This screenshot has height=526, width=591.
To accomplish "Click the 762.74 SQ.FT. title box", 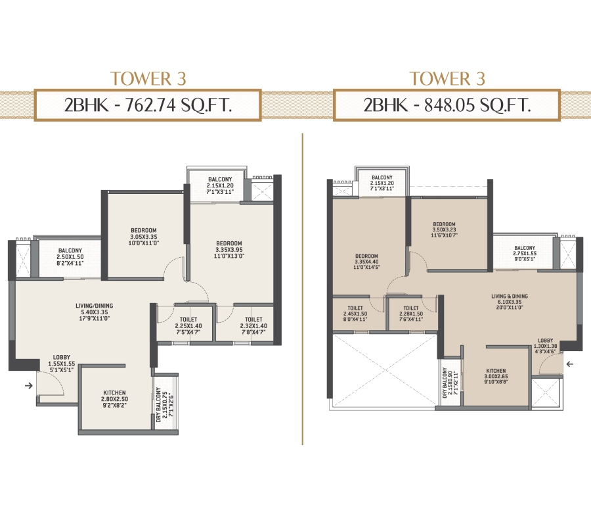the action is click(x=148, y=105).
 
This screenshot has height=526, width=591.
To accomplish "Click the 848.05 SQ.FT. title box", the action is click(x=447, y=105).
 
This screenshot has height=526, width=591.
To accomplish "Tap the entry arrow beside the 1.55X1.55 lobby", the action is click(x=28, y=386).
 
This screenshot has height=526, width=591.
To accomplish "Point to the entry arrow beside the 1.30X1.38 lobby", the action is click(x=570, y=364).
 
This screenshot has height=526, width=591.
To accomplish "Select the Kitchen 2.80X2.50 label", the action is click(x=114, y=399).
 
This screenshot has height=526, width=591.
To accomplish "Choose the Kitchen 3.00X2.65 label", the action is click(x=496, y=377).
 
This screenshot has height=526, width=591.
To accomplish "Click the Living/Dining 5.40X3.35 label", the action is click(x=94, y=312).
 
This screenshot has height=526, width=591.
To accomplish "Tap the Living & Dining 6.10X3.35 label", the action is click(x=510, y=302).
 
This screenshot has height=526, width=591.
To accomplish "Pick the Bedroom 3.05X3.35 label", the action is click(x=144, y=237).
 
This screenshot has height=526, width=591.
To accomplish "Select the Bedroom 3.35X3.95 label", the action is click(x=229, y=249).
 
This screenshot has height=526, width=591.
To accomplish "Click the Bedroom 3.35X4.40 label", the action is click(x=366, y=262).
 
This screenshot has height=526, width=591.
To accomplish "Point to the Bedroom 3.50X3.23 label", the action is click(x=444, y=229).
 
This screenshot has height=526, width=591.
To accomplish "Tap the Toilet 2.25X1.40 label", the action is click(x=188, y=325).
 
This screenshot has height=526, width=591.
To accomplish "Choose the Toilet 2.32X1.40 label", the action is click(x=253, y=325).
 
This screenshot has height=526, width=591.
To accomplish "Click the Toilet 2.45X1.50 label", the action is click(x=355, y=314).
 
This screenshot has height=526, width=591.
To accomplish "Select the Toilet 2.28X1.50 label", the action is click(x=411, y=314).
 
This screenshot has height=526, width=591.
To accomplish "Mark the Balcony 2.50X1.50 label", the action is click(x=70, y=256).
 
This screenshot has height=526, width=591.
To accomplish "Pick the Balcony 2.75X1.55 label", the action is click(x=525, y=253).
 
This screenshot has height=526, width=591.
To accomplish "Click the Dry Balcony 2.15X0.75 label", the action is click(x=164, y=404).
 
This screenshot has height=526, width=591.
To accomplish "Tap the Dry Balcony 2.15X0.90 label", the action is click(x=450, y=383).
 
